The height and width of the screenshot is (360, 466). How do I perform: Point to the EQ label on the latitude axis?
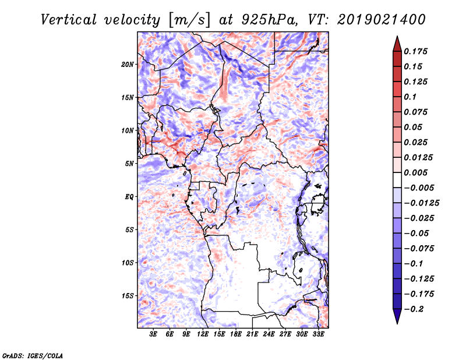(x=130, y=197)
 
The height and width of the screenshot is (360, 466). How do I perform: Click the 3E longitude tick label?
(x=154, y=334)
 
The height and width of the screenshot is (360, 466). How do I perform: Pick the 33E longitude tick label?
(x=319, y=334)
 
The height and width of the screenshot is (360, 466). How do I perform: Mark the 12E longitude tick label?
(x=203, y=334)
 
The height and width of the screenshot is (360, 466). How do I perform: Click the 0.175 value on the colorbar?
(x=418, y=51)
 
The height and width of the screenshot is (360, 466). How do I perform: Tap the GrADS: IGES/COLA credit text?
(x=32, y=354)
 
